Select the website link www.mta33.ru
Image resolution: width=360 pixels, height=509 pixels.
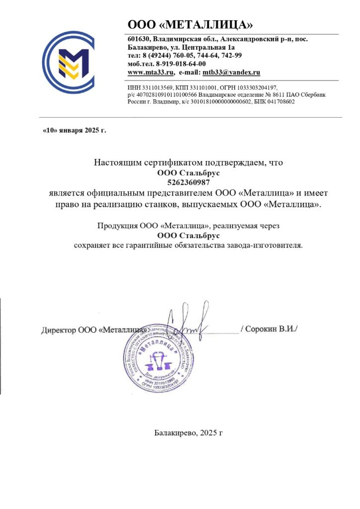pyautogui.click(x=151, y=73)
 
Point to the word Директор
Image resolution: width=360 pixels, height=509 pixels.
pyautogui.click(x=59, y=330)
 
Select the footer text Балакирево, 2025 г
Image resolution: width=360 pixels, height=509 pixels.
pyautogui.click(x=188, y=433)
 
